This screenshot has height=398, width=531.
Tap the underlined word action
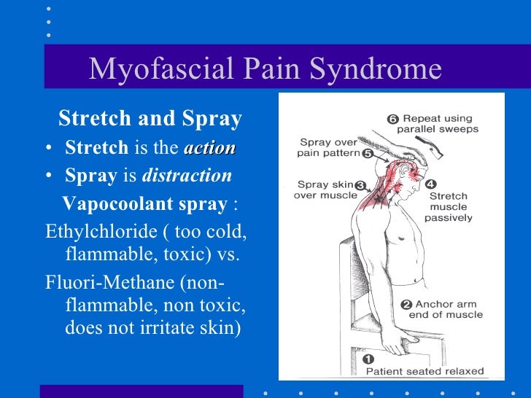[x=210, y=148]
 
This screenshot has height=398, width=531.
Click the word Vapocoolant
[x=108, y=203]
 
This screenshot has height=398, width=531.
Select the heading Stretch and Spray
[x=150, y=118]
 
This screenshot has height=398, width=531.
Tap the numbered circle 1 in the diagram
[x=368, y=359]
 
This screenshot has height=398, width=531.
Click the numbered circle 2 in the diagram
[x=406, y=304]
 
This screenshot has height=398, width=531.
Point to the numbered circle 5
[x=367, y=154]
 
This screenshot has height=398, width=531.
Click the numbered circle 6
[x=392, y=118]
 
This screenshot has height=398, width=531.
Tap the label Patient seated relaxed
[x=425, y=371]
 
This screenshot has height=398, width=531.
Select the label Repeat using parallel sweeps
[x=438, y=123]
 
